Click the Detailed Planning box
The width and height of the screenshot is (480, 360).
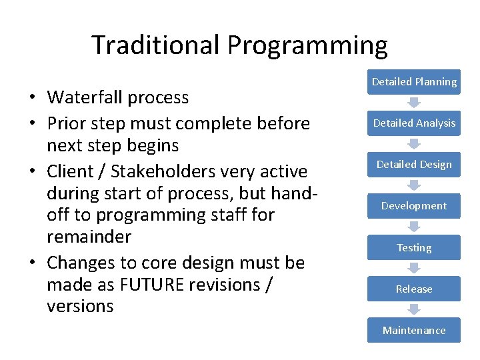point(414,82)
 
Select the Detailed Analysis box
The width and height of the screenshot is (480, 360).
point(414,123)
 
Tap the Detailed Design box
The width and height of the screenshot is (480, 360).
point(414,165)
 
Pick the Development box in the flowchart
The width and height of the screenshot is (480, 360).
point(414,206)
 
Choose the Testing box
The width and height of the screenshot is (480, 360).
point(414,247)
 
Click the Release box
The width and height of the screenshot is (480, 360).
point(414,289)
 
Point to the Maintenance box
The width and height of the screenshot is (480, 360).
point(414,330)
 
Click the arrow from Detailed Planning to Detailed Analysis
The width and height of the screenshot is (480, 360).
point(414,103)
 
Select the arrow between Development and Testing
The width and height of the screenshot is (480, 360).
point(414,227)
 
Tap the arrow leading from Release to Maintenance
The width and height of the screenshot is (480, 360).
point(414,309)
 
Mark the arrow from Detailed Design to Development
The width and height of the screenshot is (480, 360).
point(414,185)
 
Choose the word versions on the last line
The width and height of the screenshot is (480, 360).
point(80,307)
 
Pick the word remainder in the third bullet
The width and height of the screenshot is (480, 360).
point(89,237)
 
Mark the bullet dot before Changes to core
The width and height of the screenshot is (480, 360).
point(32,263)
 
